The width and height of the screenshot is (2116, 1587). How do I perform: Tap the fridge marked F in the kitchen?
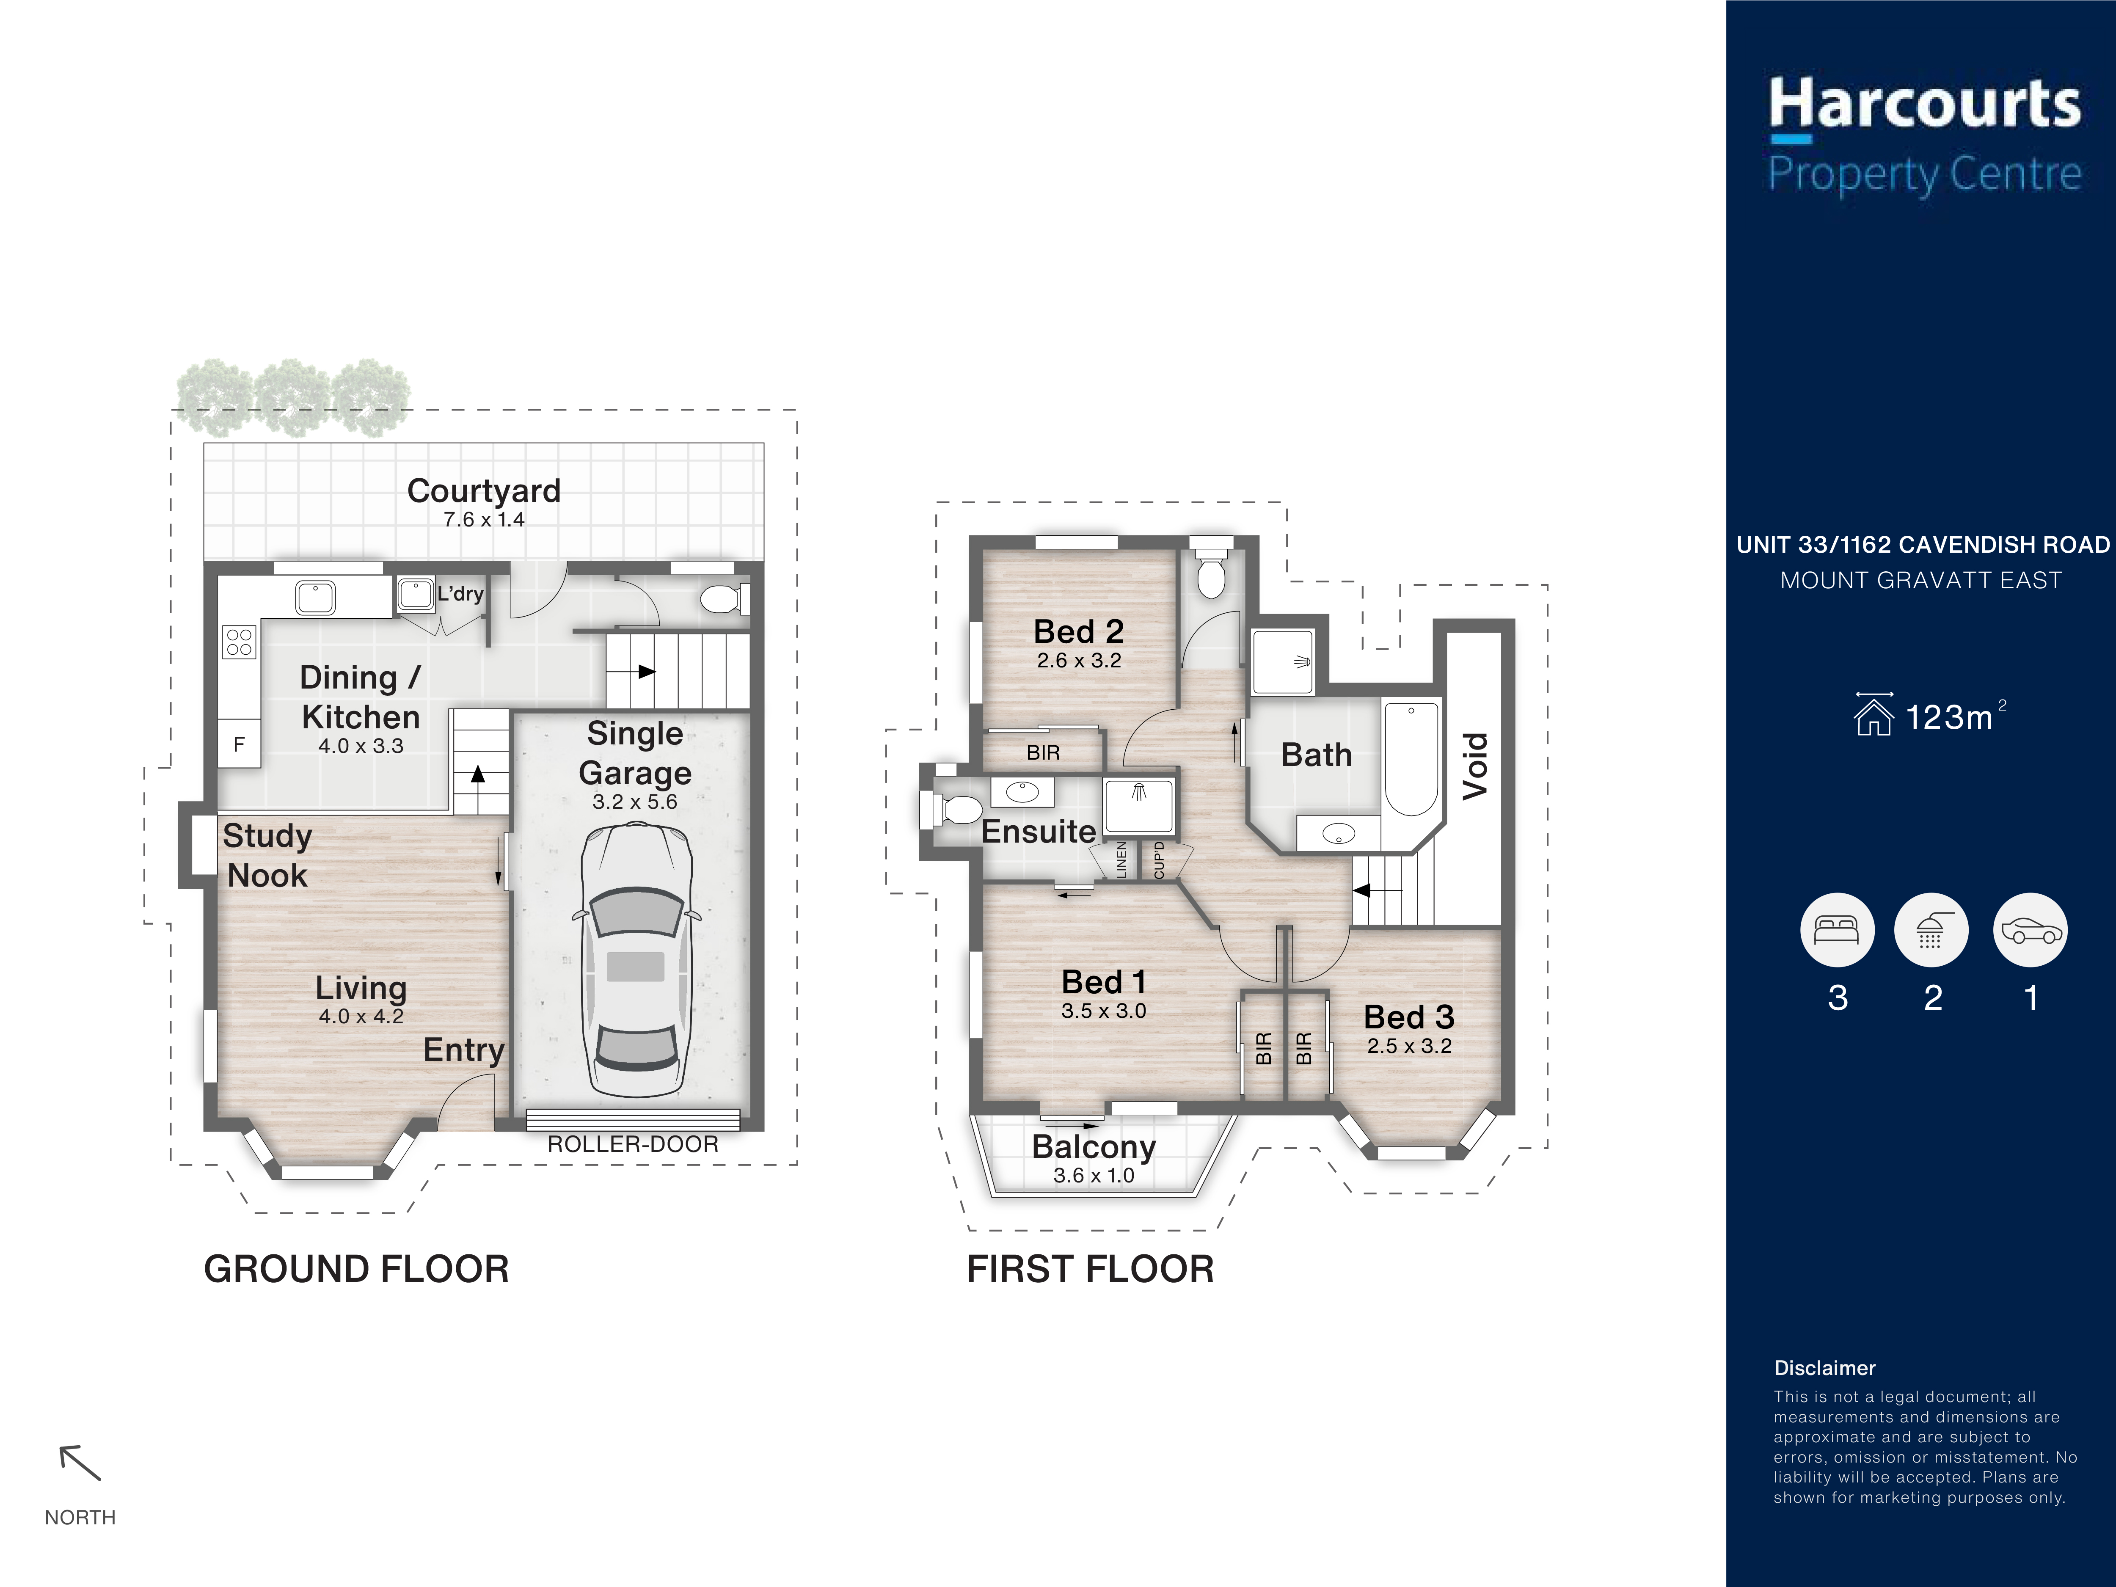pos(239,743)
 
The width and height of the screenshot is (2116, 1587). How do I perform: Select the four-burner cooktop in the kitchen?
pos(239,642)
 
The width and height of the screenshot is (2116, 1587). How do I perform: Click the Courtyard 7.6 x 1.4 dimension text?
pos(484,519)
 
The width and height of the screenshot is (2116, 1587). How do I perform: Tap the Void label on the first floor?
pos(1475,765)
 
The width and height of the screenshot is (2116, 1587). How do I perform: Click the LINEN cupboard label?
pos(1122,859)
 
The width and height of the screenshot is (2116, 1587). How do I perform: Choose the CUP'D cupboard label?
pos(1160,859)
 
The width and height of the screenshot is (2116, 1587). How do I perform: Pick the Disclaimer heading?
pos(1824,1368)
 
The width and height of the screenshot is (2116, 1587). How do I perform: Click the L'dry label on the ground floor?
pos(460,594)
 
